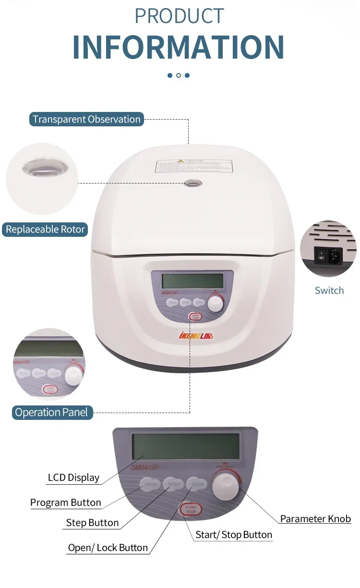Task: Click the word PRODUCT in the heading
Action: click(179, 16)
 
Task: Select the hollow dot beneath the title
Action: click(179, 75)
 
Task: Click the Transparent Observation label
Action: click(86, 119)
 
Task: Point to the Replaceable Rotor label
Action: click(45, 229)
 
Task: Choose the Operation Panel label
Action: click(51, 412)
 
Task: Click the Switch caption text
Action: click(329, 290)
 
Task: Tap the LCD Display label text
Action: click(73, 478)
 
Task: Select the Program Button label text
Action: click(66, 502)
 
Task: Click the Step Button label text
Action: click(92, 523)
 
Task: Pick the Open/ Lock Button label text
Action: click(108, 548)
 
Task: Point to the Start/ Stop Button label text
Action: click(234, 535)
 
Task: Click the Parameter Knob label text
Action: click(315, 519)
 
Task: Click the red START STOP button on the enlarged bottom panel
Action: click(191, 510)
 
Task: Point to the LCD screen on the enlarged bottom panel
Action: click(185, 446)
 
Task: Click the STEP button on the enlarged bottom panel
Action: click(174, 484)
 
